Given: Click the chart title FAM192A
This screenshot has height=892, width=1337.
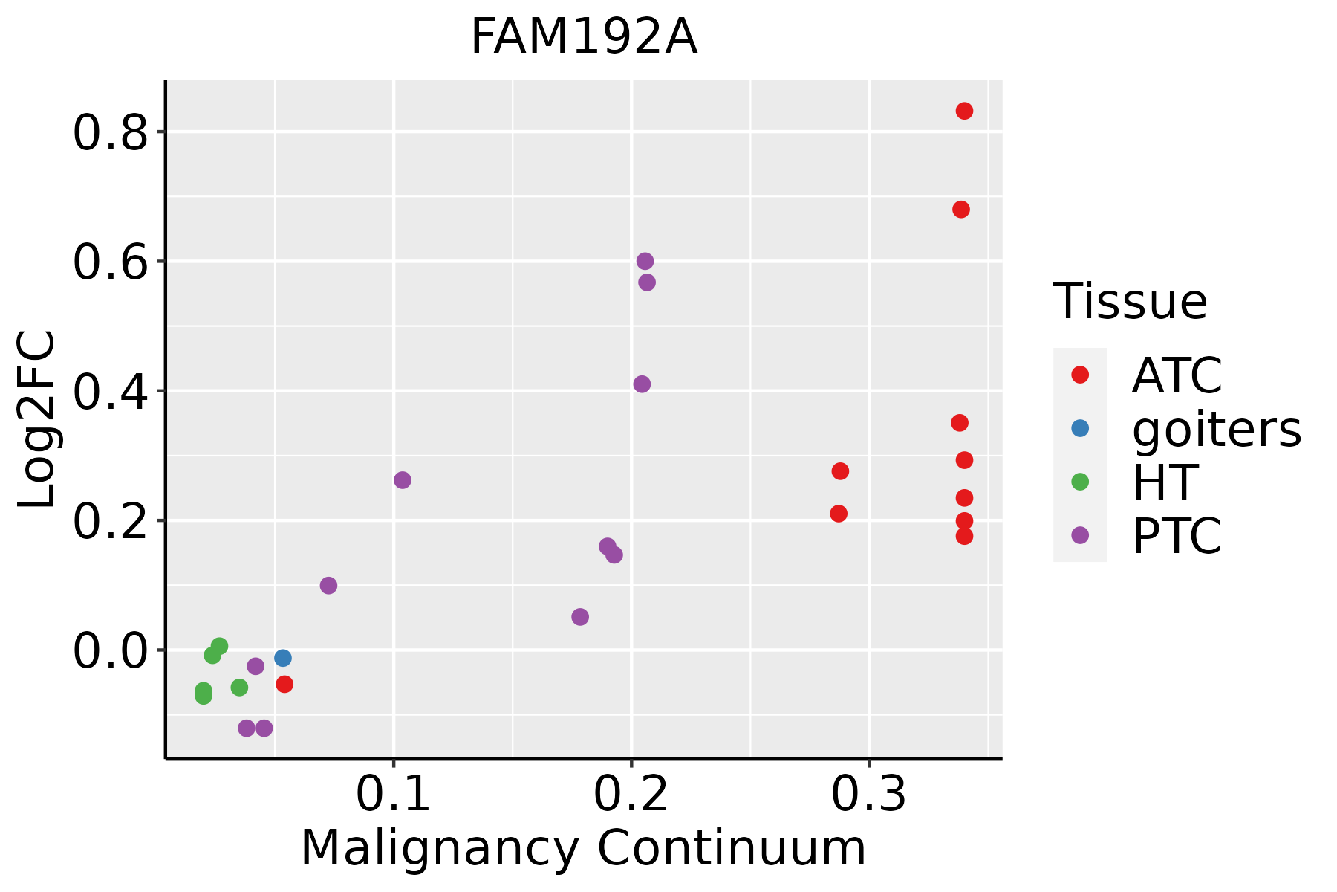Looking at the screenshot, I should click(584, 37).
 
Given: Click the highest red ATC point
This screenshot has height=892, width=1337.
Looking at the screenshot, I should click(964, 111).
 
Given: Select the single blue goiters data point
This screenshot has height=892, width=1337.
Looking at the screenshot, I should click(282, 658).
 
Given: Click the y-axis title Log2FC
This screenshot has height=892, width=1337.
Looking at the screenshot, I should click(37, 419).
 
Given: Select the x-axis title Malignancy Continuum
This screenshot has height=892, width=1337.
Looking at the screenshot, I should click(583, 848).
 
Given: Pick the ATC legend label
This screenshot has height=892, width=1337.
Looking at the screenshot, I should click(1177, 375).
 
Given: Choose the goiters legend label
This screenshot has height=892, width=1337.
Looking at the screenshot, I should click(1216, 429).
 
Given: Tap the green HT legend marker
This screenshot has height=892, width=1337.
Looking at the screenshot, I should click(1080, 482).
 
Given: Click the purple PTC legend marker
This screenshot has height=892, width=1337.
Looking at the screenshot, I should click(1080, 535).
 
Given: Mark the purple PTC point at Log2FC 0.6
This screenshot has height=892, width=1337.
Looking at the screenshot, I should click(645, 261).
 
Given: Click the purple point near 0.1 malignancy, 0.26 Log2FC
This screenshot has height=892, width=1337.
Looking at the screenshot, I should click(402, 480).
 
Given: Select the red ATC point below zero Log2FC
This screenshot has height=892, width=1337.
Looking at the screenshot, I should click(284, 684).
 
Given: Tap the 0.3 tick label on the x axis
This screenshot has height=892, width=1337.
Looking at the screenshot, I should click(868, 795).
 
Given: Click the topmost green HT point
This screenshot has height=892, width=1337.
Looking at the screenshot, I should click(219, 646).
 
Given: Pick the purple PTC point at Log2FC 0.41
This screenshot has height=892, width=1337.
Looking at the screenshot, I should click(642, 384).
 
